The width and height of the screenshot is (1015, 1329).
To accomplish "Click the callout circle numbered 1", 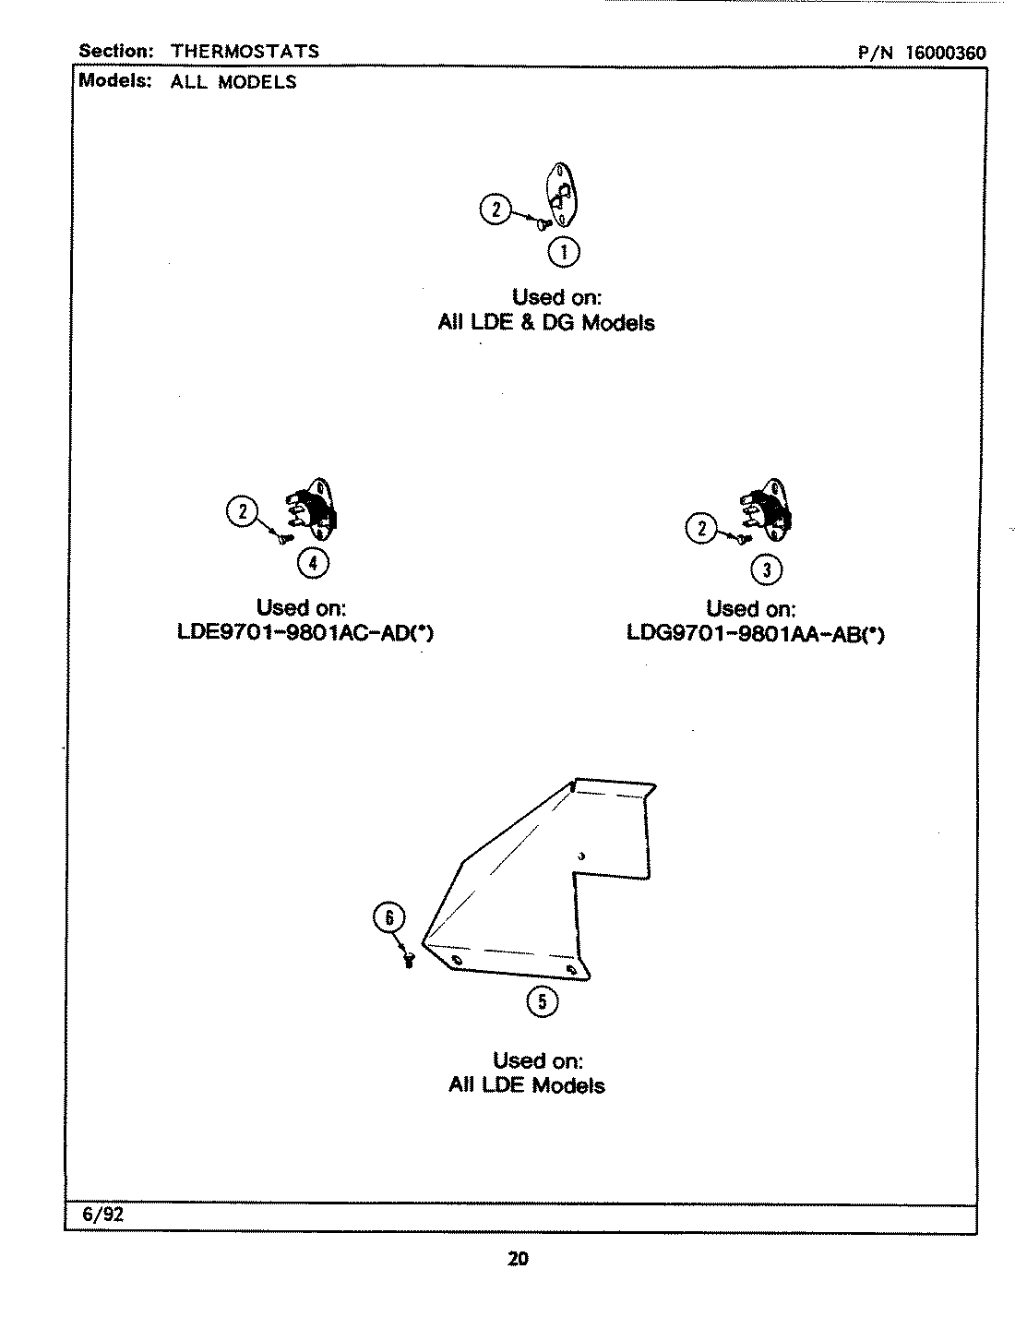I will [564, 251].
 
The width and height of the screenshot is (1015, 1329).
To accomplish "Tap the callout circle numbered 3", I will [767, 569].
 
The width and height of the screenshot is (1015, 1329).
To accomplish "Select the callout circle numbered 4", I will [314, 562].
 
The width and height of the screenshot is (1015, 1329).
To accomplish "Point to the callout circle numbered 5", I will [542, 1002].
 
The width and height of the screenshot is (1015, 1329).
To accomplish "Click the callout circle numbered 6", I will [388, 917].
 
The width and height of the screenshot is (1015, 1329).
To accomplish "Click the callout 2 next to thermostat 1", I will [496, 210].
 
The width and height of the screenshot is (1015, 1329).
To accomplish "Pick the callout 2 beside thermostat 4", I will [243, 511].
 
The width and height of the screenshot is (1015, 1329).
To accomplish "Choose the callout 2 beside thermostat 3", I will [701, 528].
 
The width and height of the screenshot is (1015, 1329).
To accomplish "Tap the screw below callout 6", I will [409, 961].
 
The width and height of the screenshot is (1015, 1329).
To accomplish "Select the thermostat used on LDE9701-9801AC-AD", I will [314, 510].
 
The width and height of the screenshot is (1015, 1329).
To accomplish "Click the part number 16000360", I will [945, 53].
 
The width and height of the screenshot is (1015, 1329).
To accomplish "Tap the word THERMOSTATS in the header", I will [245, 51].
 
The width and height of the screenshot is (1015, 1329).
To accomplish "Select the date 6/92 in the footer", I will [102, 1215].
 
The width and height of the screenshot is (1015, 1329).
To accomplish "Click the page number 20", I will [518, 1258].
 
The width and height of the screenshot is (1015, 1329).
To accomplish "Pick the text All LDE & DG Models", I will [546, 323].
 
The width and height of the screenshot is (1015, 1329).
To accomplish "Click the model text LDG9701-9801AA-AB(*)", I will [755, 635].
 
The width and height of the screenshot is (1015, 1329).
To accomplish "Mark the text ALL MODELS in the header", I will [233, 81].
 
